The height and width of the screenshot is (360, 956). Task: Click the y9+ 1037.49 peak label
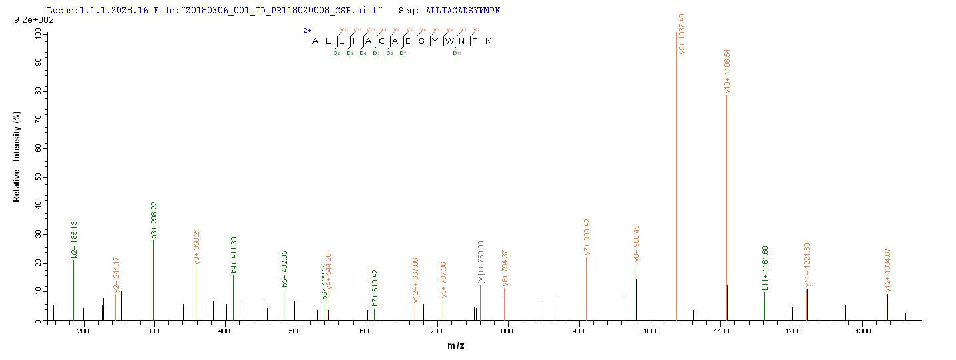pyautogui.click(x=682, y=35)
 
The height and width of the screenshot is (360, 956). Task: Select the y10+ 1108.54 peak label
pyautogui.click(x=728, y=71)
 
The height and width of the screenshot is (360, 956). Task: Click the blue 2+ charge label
pyautogui.click(x=307, y=30)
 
